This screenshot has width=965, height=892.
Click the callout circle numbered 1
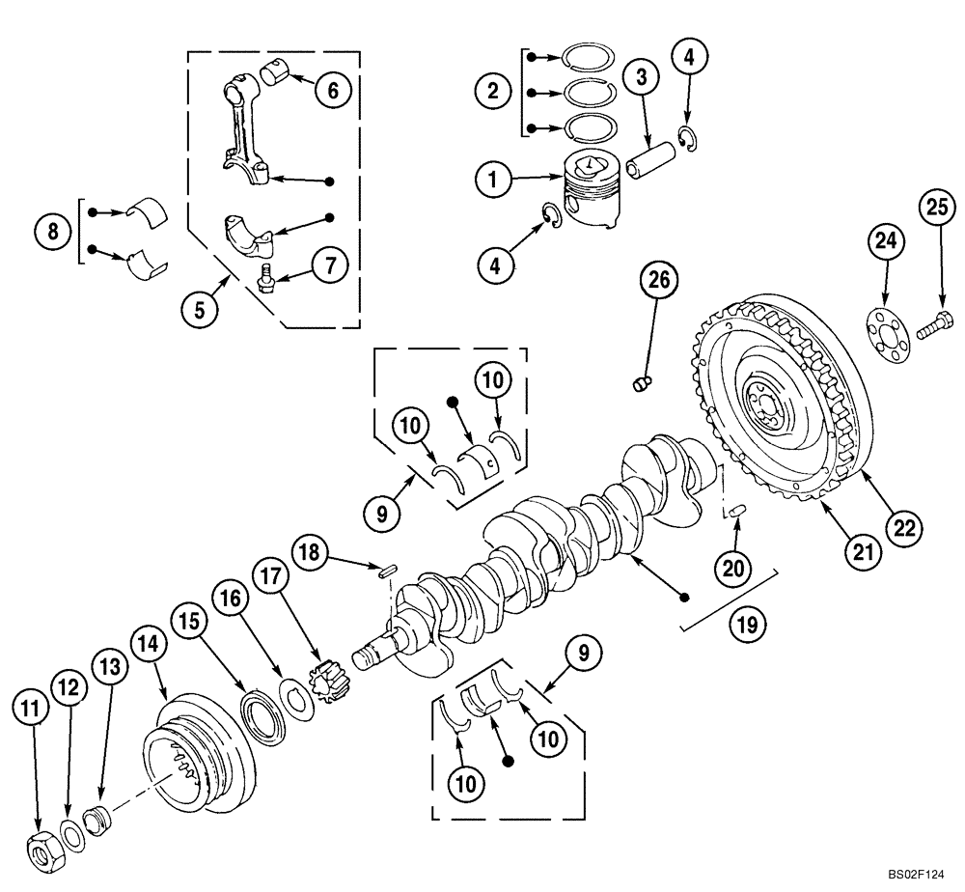coord(494,180)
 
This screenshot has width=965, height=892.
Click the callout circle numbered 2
coord(494,92)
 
